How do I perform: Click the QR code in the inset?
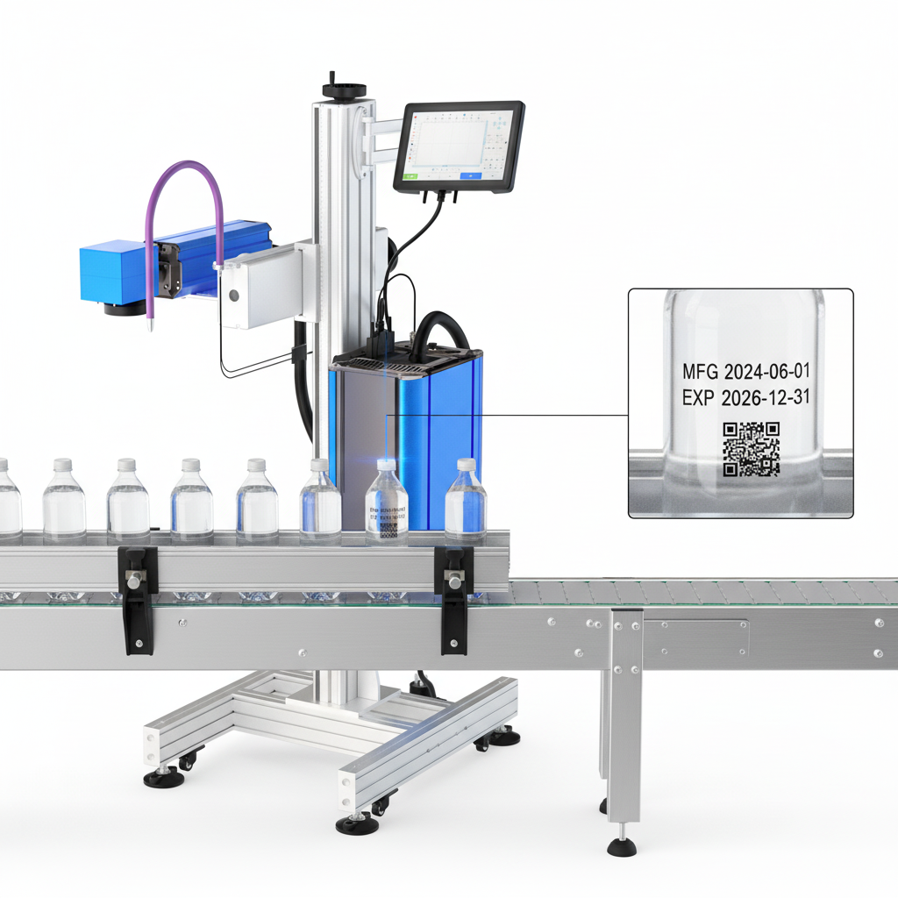[x=751, y=449]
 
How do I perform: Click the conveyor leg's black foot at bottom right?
[x=622, y=846]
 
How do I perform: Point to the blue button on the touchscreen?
[x=470, y=176]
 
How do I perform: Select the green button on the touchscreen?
[x=410, y=176]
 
